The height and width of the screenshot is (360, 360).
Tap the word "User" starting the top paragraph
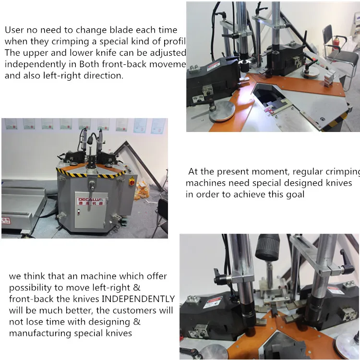pyautogui.click(x=14, y=30)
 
